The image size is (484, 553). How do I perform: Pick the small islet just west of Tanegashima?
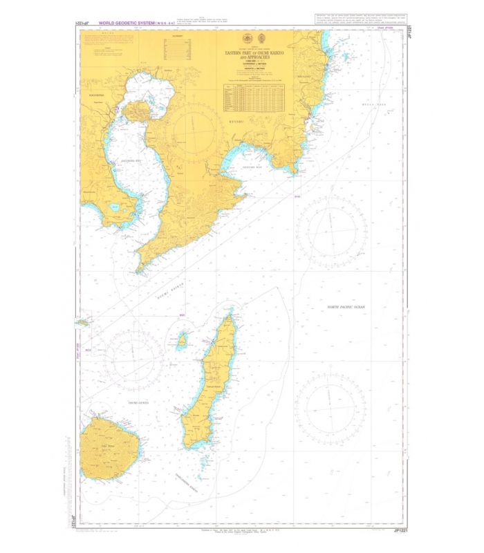(183, 340)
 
